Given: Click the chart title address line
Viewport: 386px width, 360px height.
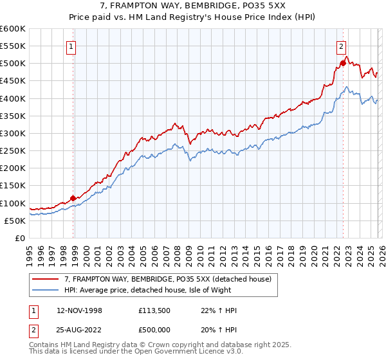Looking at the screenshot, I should click(192, 6).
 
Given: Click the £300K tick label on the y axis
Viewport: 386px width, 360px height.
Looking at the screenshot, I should click(13, 133).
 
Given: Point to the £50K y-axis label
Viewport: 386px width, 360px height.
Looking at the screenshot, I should click(15, 221).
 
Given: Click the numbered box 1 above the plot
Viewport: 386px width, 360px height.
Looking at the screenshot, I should click(71, 46).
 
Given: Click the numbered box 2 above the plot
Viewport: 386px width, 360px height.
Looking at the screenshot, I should click(341, 46).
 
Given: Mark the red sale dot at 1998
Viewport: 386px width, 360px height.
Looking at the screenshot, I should click(73, 198).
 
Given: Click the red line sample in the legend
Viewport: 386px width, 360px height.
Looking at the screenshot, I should click(46, 279).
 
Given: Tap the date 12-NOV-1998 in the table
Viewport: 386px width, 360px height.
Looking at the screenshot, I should click(79, 310).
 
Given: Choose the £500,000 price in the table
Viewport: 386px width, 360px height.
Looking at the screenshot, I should click(158, 330).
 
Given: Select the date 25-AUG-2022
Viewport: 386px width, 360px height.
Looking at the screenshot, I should click(79, 330).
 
